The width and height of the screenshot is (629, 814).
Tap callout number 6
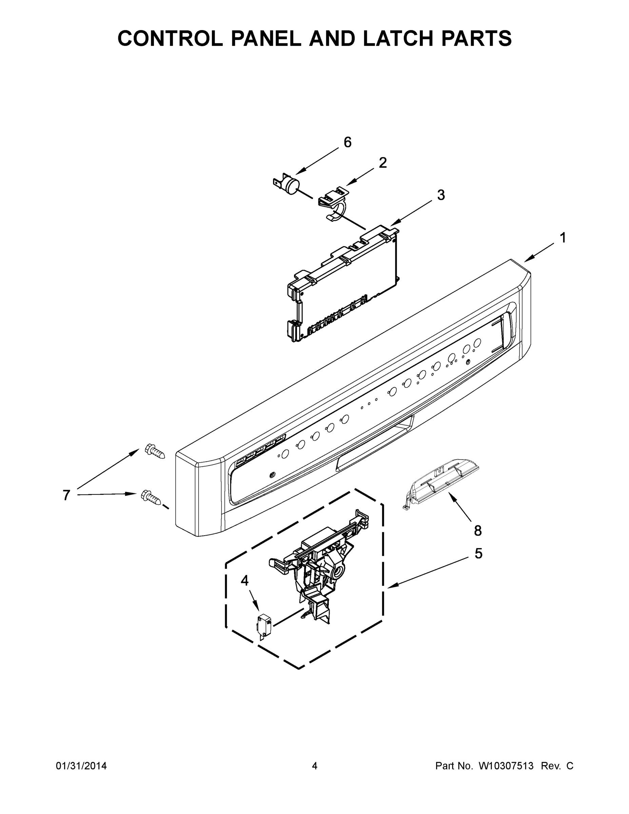click(347, 142)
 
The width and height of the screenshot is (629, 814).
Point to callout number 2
click(383, 162)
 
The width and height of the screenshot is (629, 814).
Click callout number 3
click(441, 195)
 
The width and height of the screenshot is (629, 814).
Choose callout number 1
click(563, 237)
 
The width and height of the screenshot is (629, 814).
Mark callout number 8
click(478, 530)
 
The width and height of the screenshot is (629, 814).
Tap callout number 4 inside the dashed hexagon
click(244, 580)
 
